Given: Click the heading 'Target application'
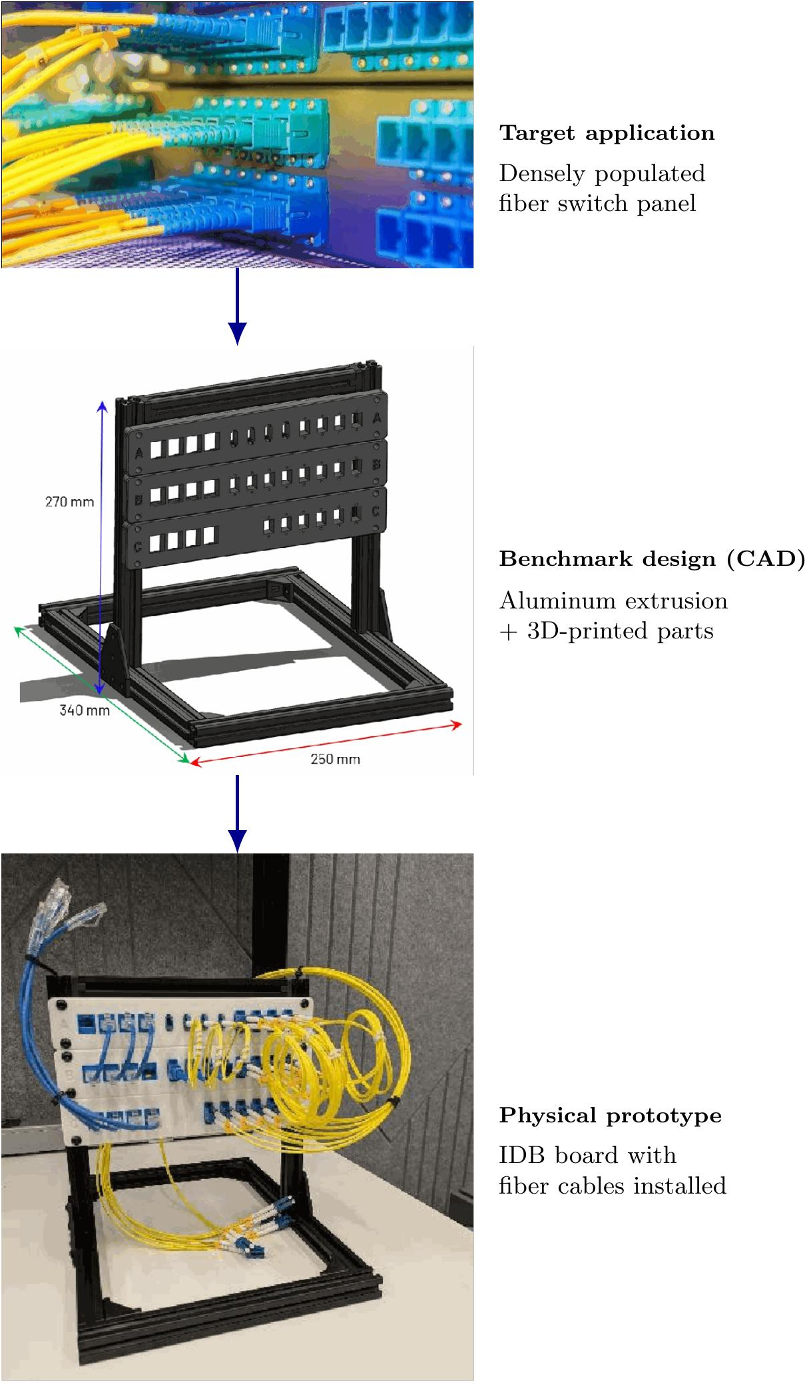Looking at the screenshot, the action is pos(607,133).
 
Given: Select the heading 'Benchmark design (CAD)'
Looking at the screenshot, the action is pos(652,559).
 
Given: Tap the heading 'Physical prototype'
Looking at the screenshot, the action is pos(610,1116).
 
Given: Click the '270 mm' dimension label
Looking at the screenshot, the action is pos(69,502).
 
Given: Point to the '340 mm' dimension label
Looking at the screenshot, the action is pos(85,710).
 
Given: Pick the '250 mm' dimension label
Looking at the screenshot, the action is pos(335,759).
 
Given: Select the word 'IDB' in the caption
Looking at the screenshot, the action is pos(521,1155).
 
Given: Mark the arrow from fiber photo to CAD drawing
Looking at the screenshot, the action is pos(237,306).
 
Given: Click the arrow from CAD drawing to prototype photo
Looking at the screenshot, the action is pos(237,813).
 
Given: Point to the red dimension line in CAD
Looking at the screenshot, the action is pos(326,744).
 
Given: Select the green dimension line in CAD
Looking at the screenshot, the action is pos(102,694).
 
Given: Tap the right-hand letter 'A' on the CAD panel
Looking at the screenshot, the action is pos(376,418).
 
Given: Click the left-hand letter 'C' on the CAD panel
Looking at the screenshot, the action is pos(138,547).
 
